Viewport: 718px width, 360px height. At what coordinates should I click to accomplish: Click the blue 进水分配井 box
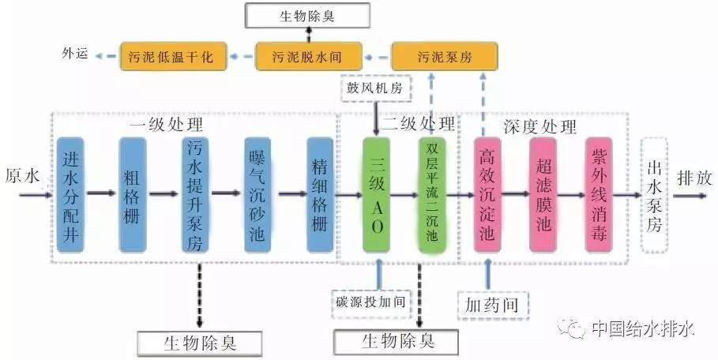[70, 195]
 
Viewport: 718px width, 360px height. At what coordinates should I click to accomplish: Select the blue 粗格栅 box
[133, 195]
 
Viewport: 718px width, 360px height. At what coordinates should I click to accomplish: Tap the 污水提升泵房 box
[195, 195]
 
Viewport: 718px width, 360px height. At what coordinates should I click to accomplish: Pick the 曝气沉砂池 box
[258, 195]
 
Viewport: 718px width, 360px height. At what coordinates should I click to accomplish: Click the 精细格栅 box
[320, 195]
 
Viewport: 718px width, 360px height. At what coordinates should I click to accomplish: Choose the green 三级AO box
[377, 195]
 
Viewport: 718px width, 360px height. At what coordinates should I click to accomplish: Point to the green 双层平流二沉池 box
[432, 195]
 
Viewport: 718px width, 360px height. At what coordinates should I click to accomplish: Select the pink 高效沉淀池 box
[487, 195]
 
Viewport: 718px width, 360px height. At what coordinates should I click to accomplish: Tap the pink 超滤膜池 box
[543, 195]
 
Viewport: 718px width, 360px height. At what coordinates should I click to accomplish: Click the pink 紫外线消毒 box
[599, 195]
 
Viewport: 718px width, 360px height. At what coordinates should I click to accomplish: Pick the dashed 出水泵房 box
[654, 195]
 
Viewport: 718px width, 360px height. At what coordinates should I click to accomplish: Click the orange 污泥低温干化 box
[173, 56]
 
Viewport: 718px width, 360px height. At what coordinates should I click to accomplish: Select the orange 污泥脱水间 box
[309, 56]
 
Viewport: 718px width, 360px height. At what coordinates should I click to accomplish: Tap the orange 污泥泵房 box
[444, 56]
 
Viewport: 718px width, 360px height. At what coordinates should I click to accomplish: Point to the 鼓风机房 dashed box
[376, 88]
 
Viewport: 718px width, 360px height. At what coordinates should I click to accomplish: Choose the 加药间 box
[493, 305]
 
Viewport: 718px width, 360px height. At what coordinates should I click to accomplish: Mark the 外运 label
[74, 54]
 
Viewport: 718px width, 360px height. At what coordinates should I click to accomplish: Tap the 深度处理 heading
[539, 126]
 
